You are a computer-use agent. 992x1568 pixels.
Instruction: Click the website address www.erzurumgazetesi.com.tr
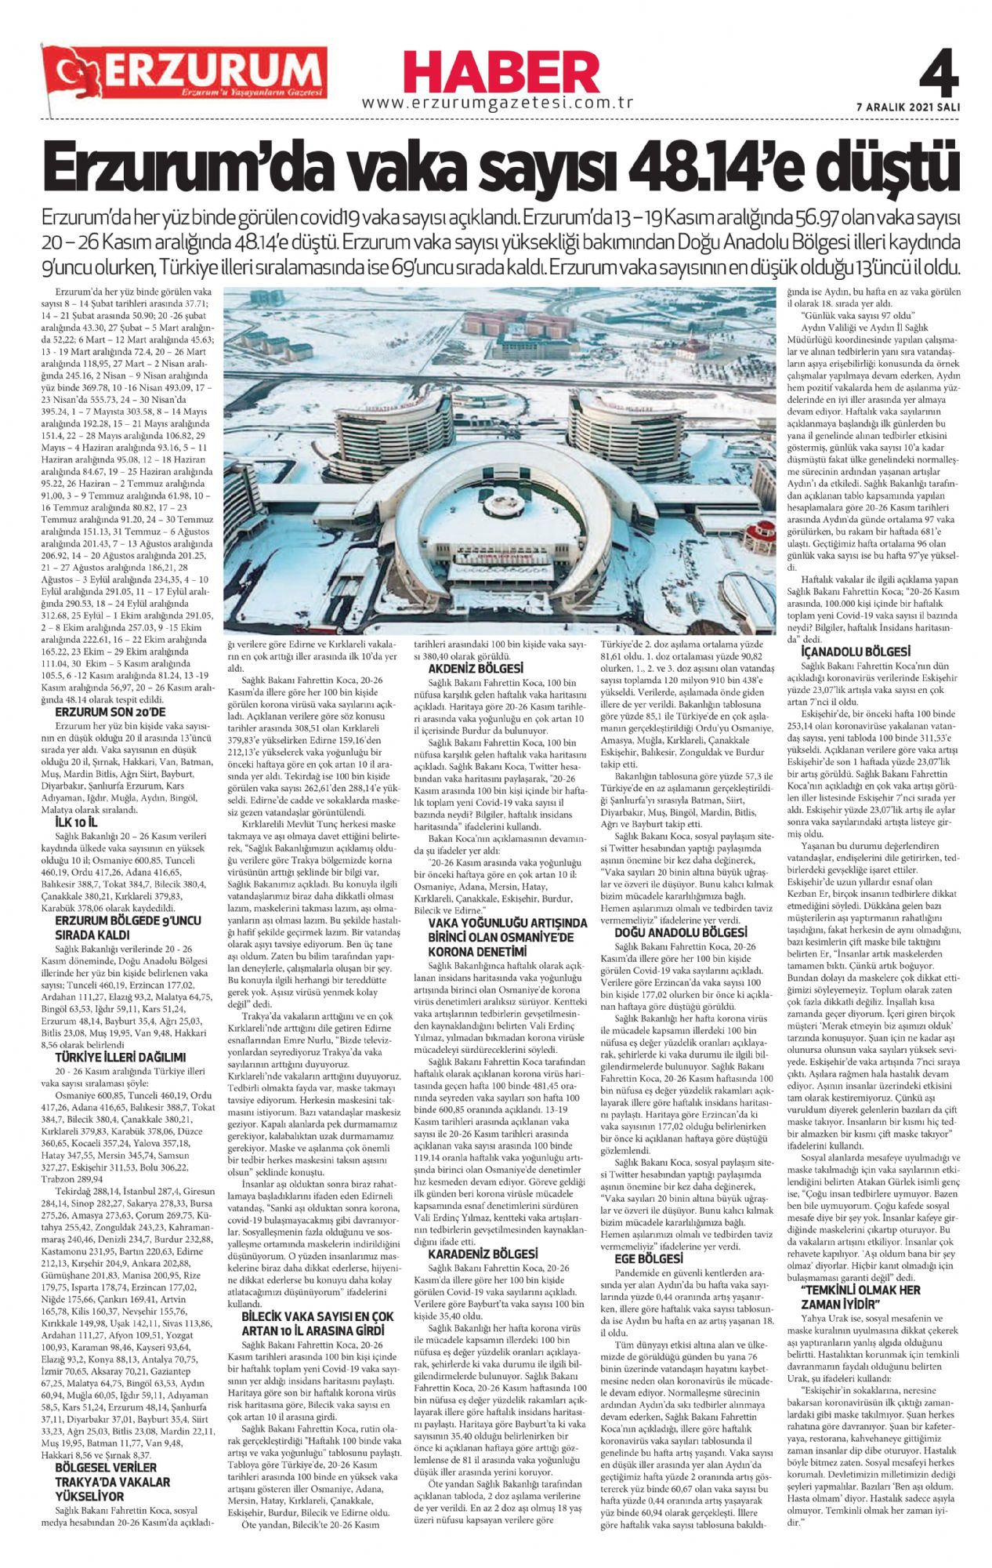(x=498, y=103)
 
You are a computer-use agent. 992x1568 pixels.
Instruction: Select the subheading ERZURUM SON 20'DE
(x=110, y=712)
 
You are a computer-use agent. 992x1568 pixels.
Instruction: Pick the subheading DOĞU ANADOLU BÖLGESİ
(x=680, y=933)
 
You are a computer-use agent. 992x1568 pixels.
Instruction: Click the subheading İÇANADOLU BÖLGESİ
(x=844, y=652)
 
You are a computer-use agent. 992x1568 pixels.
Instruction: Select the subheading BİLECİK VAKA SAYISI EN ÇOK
(x=318, y=1316)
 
